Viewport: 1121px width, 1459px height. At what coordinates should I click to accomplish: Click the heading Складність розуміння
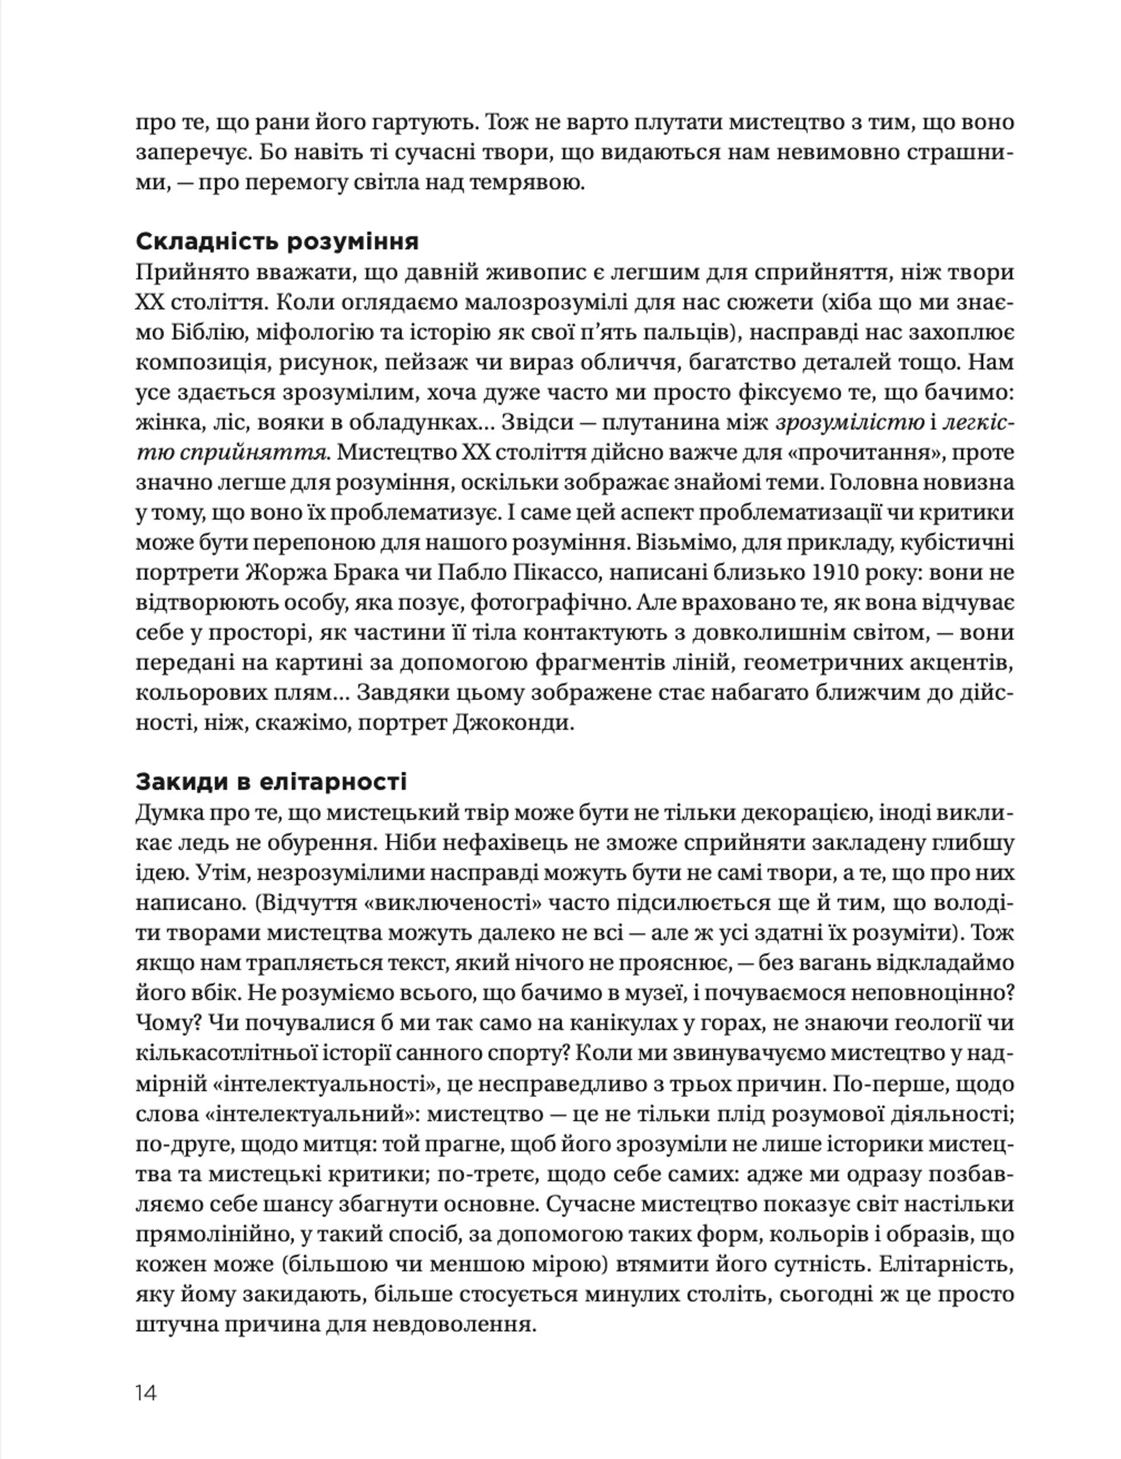tap(277, 242)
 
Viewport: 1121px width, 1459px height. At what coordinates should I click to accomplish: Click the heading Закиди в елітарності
tap(271, 781)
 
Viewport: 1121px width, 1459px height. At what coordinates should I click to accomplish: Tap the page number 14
tap(145, 1393)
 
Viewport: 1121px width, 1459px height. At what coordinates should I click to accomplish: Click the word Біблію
tap(204, 332)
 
